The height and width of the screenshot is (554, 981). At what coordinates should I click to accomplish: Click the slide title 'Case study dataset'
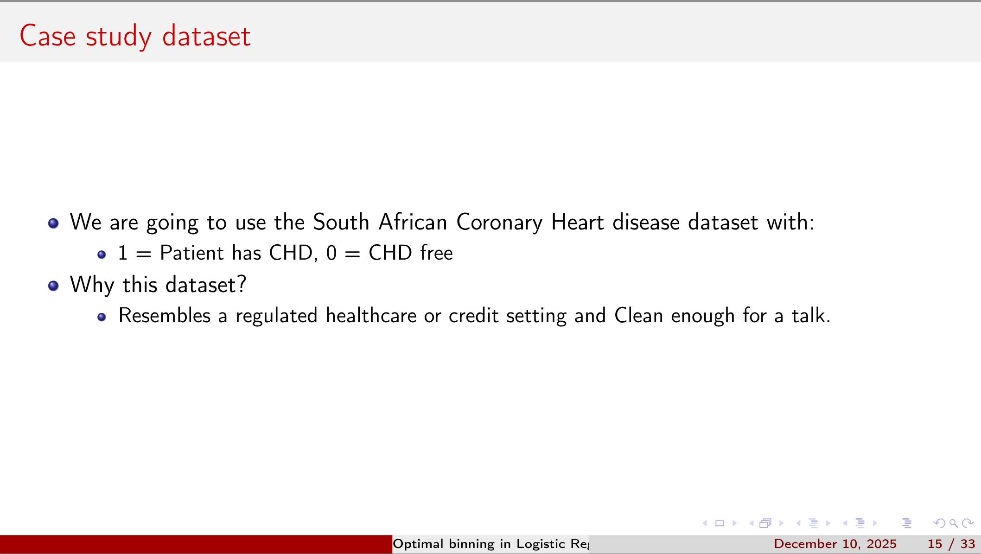pos(135,36)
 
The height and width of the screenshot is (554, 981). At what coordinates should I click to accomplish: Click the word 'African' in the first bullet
pos(413,222)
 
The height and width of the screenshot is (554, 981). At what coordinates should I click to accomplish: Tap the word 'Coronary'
pos(499,223)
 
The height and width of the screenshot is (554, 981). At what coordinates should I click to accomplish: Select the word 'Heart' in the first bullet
pos(577,222)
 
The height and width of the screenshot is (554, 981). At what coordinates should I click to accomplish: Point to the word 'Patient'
pos(191,253)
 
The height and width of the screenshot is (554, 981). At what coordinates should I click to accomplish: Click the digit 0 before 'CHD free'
pos(331,253)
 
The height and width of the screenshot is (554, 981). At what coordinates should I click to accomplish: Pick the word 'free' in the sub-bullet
pos(436,253)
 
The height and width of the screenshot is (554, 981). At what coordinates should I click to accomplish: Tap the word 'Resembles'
pos(165,316)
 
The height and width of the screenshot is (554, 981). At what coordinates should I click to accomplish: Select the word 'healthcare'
pos(371,316)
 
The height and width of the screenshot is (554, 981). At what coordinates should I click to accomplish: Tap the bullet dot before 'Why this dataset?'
pos(53,286)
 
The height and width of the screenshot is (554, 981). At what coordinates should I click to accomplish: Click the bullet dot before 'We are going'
pos(53,223)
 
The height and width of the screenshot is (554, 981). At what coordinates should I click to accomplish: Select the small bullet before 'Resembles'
pos(102,317)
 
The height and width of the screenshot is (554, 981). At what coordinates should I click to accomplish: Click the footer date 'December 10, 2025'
pos(835,544)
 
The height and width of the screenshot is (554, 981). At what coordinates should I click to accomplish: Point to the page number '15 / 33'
pos(951,544)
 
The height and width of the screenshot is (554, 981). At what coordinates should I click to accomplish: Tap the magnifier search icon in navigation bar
pos(954,523)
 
